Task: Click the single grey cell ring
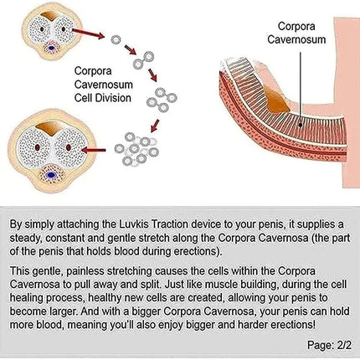pos(116,40)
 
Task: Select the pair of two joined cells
pos(143,60)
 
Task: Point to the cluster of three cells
pos(162,100)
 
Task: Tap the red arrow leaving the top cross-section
pos(88,33)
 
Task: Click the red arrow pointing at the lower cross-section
pos(94,151)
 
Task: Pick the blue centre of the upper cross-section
pos(52,48)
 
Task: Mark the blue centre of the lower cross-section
pos(51,175)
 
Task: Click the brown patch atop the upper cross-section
pos(50,16)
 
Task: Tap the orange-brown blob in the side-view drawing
pos(275,100)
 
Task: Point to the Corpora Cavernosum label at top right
pos(296,33)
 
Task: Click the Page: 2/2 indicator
pos(329,345)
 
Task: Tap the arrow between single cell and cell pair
pos(130,49)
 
